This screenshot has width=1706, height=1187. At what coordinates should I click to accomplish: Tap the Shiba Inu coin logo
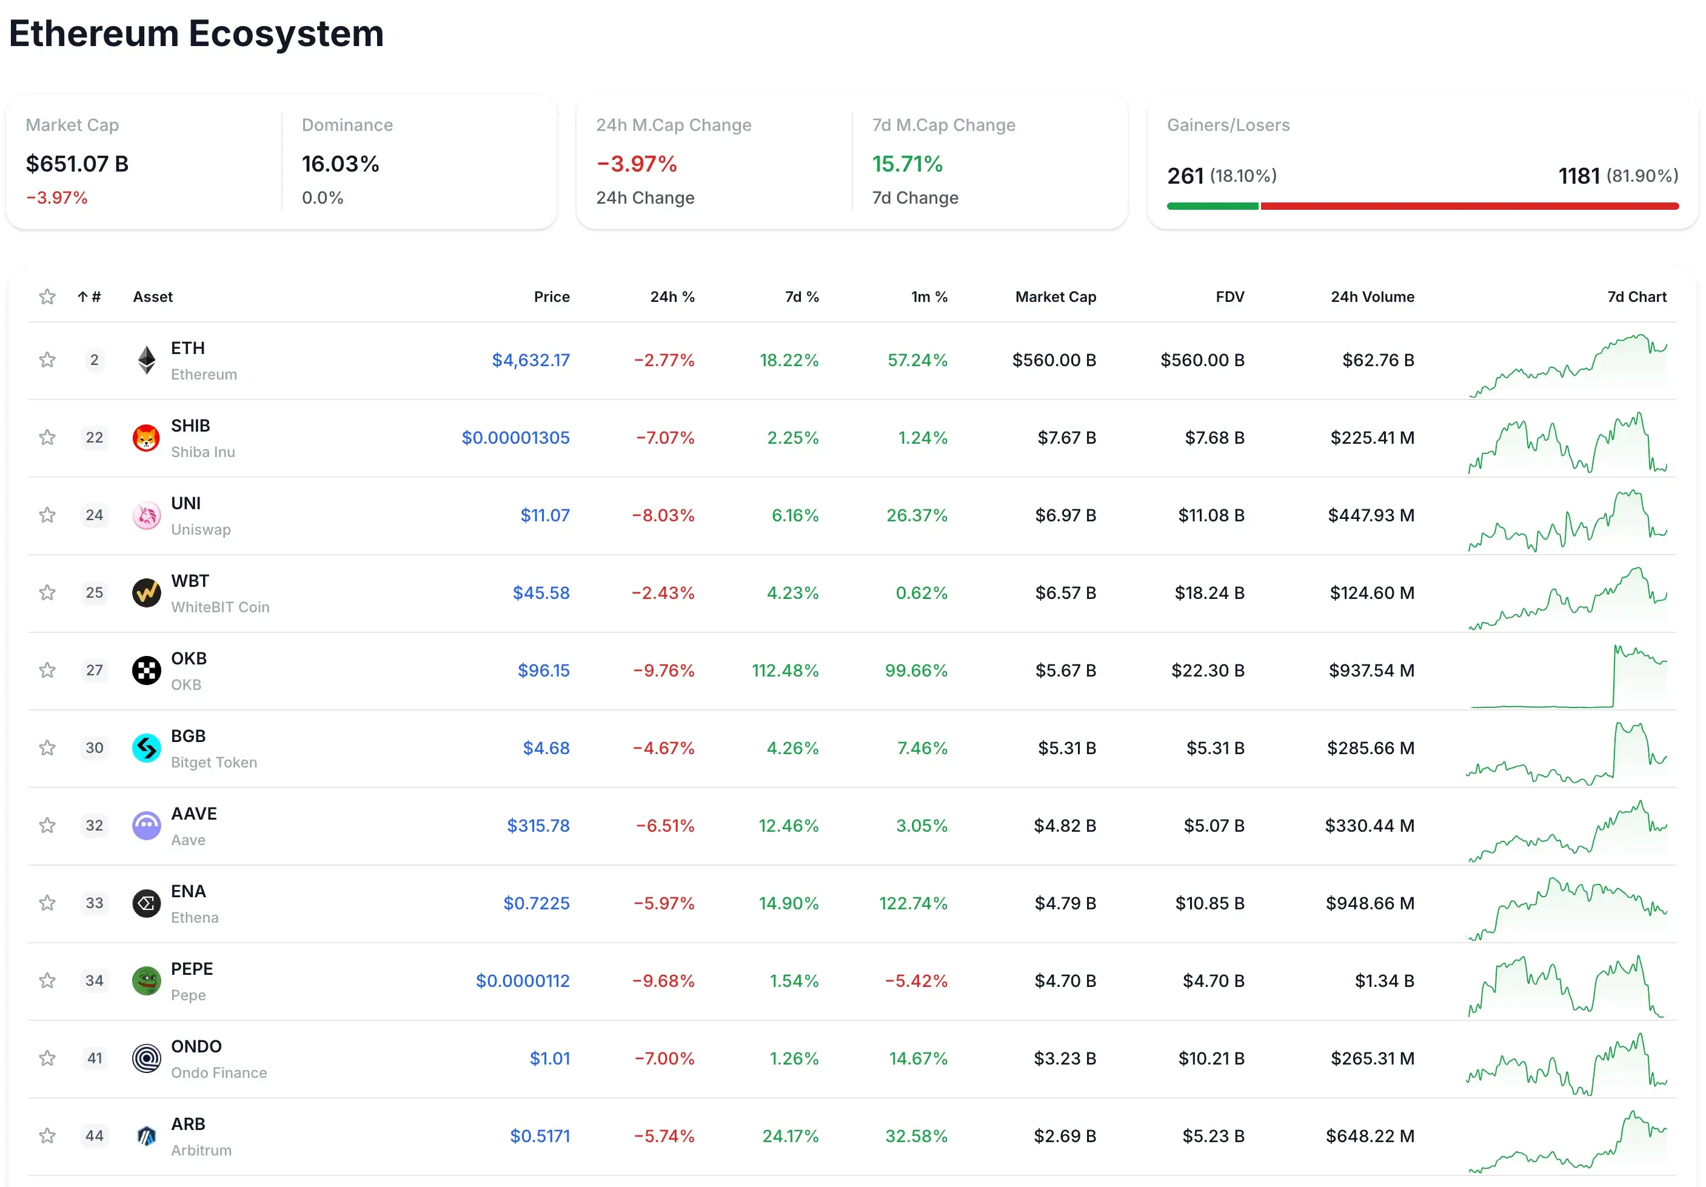146,438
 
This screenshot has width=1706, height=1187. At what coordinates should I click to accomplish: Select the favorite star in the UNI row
47,515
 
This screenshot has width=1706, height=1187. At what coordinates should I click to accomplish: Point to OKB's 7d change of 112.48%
784,670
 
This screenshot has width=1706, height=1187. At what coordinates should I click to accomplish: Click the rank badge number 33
95,903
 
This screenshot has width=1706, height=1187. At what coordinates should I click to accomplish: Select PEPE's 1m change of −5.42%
915,981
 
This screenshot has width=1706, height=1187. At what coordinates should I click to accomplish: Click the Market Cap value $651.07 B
77,164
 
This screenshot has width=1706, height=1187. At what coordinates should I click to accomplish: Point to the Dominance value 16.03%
340,164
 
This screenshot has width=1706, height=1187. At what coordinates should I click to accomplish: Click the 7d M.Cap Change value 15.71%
906,164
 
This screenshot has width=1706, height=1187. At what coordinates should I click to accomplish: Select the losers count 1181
1578,176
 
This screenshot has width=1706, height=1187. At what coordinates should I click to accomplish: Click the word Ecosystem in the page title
286,33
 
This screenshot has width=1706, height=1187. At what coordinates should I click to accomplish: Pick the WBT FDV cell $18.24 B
1209,593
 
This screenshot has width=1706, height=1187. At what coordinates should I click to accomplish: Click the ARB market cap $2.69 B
1064,1137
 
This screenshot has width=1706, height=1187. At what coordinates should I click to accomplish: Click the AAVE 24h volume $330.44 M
1369,826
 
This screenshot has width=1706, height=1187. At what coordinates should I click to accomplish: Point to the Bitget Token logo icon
146,749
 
